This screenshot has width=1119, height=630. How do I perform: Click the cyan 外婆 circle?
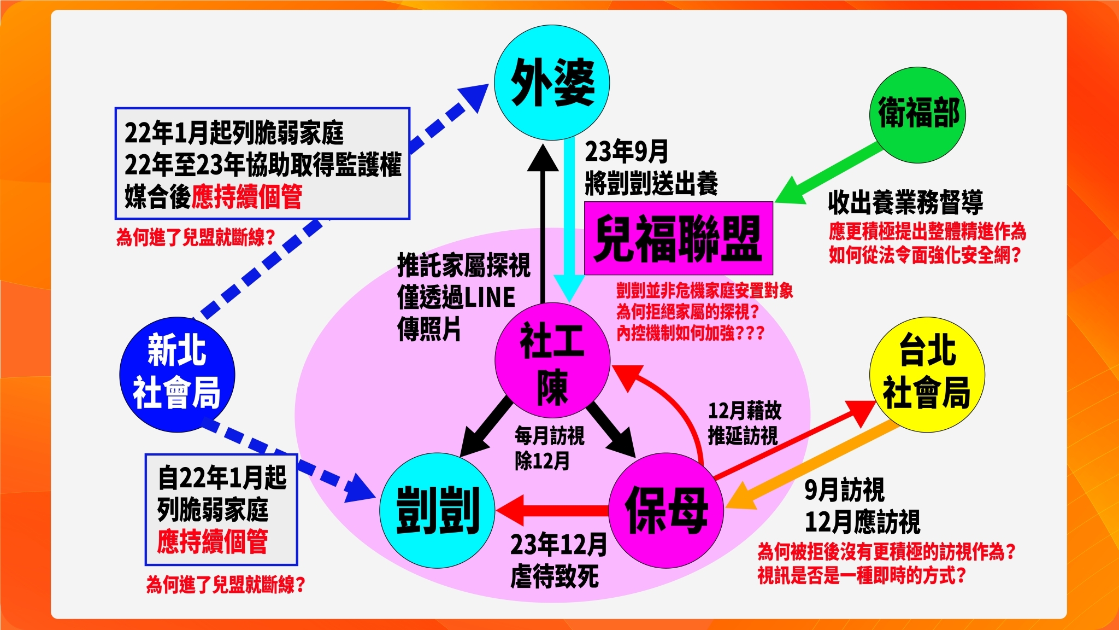pyautogui.click(x=552, y=82)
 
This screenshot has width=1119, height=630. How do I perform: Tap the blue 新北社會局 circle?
pyautogui.click(x=177, y=375)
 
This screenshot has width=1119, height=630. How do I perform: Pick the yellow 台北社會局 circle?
pyautogui.click(x=927, y=375)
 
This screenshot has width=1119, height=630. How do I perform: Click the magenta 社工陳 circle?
pyautogui.click(x=552, y=361)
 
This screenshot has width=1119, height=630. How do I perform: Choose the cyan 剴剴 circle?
pyautogui.click(x=437, y=510)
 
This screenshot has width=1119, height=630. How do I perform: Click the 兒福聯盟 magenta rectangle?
pyautogui.click(x=679, y=238)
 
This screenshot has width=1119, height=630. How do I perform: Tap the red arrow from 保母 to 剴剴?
pyautogui.click(x=552, y=510)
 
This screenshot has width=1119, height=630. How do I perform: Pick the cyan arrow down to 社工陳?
pyautogui.click(x=569, y=219)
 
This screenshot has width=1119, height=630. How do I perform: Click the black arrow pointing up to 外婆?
pyautogui.click(x=543, y=219)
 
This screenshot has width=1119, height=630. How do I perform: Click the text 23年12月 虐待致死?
pyautogui.click(x=557, y=560)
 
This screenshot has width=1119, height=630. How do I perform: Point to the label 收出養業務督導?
pyautogui.click(x=905, y=202)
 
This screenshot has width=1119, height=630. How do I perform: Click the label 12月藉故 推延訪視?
pyautogui.click(x=744, y=423)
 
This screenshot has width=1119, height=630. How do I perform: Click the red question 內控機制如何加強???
pyautogui.click(x=690, y=333)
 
